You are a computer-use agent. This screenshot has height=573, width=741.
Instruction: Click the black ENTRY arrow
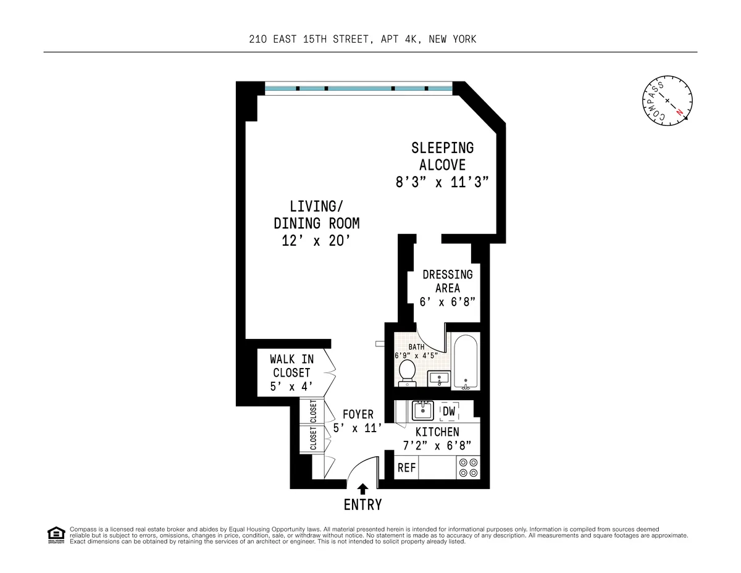362,489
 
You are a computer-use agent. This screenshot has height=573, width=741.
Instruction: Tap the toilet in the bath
407,372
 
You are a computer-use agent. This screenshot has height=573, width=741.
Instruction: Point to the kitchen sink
424,410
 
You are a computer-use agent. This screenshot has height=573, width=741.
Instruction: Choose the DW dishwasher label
449,411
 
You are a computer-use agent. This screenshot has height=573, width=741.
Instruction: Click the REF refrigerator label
406,468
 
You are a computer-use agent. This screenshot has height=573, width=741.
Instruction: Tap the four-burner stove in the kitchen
468,467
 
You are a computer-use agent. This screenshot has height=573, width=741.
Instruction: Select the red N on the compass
679,112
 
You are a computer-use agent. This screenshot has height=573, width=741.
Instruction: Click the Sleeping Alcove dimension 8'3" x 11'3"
442,182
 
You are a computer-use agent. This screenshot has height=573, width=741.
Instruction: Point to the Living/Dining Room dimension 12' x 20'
316,241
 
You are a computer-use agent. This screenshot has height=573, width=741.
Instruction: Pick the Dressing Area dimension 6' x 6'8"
448,302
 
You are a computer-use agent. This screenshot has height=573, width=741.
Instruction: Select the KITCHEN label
437,432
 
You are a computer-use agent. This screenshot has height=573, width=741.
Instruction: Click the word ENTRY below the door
362,504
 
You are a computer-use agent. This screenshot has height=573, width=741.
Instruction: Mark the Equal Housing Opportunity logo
56,535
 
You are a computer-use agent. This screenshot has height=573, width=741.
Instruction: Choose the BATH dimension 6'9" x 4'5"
416,355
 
